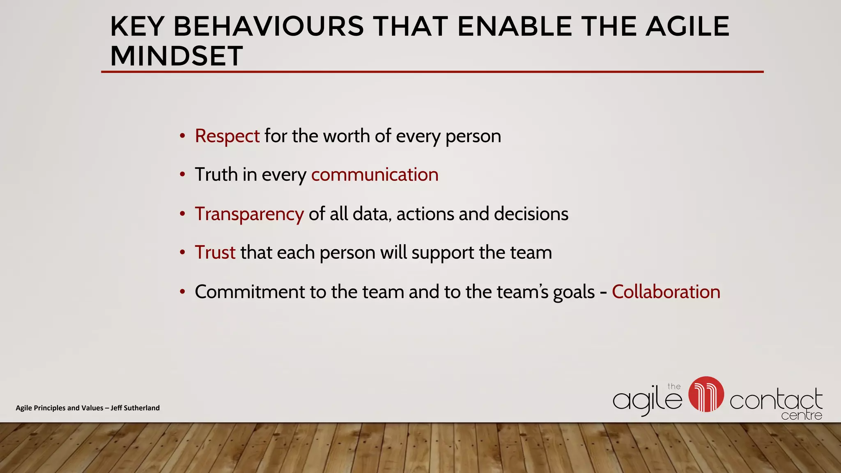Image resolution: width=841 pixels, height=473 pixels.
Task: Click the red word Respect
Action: [x=227, y=136]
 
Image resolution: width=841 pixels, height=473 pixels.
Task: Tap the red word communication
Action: [x=375, y=175]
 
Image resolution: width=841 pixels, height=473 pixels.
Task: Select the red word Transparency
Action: [x=249, y=214]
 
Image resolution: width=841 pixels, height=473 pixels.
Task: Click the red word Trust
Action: [x=215, y=253]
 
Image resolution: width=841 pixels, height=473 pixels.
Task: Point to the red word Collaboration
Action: [x=666, y=292]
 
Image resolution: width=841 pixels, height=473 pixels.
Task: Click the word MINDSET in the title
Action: [x=177, y=56]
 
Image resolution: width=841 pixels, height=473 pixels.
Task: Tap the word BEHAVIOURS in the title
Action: [x=269, y=27]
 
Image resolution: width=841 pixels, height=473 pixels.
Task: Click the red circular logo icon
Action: [x=706, y=394]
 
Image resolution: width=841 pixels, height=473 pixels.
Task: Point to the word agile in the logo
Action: [x=646, y=400]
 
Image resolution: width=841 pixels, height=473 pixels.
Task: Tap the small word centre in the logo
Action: [x=801, y=416]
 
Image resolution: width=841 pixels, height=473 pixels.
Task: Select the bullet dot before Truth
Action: [x=182, y=175]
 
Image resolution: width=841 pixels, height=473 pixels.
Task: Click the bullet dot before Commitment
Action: [x=182, y=292]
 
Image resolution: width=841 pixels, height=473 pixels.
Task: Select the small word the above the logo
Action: [x=674, y=386]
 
